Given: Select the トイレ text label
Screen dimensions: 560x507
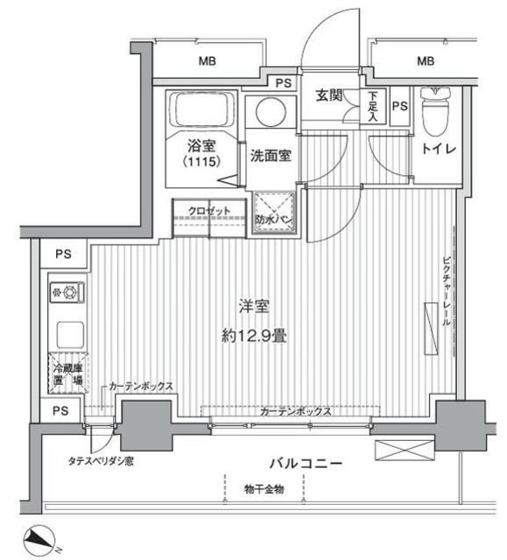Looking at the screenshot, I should tap(437, 150).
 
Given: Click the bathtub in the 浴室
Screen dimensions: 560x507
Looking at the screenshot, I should tap(204, 110).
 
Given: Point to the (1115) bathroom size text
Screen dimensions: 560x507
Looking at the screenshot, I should tap(201, 162).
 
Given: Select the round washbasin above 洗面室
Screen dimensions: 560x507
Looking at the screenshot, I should tap(266, 114).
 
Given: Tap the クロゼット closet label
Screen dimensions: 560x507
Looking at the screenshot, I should tap(208, 210).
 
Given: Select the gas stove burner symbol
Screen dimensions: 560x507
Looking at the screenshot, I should tap(66, 290).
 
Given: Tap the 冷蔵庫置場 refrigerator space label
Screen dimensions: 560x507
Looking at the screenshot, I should tap(66, 374).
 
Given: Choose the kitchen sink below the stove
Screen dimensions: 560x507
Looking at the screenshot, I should tap(67, 333).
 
